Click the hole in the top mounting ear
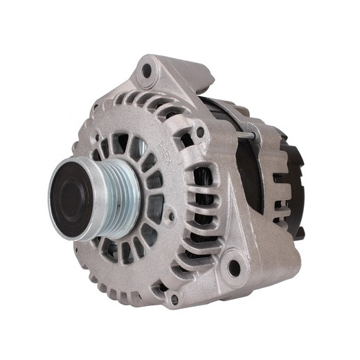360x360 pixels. point(147,70)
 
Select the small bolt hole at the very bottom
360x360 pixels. point(174,298)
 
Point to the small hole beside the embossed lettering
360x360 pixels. point(200,132)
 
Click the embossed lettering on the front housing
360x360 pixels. point(165,146)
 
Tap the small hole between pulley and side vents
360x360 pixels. point(170,215)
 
